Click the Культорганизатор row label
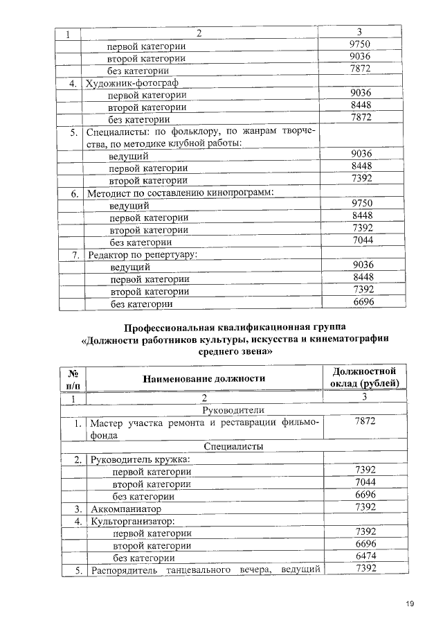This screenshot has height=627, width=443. (130, 520)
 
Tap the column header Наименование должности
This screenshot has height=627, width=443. (204, 378)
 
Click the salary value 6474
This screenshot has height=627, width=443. (364, 556)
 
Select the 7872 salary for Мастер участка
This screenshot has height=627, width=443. (364, 422)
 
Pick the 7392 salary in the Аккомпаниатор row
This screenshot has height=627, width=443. (364, 508)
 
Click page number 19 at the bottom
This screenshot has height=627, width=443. (410, 604)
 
